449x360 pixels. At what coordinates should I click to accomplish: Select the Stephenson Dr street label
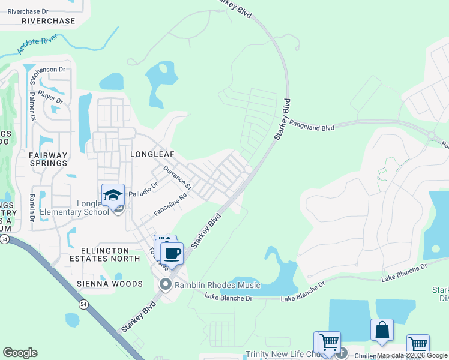(46, 70)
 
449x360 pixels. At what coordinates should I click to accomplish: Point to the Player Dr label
(50, 96)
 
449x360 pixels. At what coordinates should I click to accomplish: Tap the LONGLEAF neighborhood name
(152, 154)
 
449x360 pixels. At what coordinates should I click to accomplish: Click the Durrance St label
(177, 178)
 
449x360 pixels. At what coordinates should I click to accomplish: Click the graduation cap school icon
(113, 195)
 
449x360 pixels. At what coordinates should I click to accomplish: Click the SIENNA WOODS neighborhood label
(110, 284)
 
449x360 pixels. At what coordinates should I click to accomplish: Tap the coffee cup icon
(172, 253)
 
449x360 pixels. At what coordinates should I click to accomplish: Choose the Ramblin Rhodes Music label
(217, 285)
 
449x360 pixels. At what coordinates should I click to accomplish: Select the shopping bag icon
(382, 330)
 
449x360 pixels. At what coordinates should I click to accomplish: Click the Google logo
(20, 352)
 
